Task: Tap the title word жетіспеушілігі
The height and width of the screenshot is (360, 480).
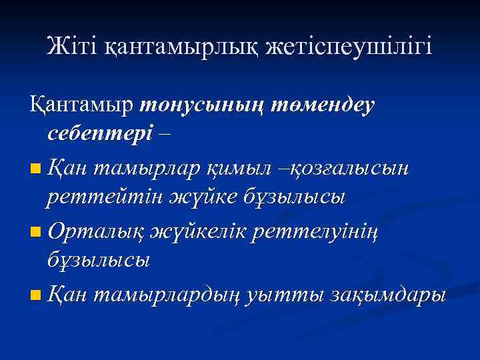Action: [349, 47]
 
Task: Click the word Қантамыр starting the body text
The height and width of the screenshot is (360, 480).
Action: [81, 107]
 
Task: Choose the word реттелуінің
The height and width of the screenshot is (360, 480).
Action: [344, 232]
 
